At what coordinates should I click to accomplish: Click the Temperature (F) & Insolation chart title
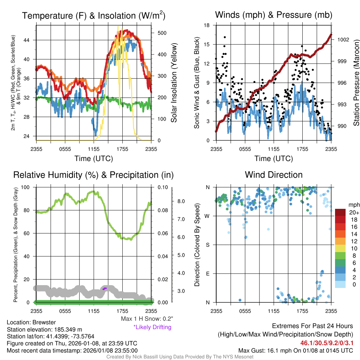click(x=94, y=15)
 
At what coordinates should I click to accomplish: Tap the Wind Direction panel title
click(x=274, y=175)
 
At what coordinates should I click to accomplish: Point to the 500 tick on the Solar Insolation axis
click(x=162, y=33)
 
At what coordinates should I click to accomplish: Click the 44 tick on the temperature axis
click(x=31, y=40)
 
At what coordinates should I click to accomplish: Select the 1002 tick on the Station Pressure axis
click(x=342, y=39)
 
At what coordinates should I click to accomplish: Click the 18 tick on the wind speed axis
click(x=207, y=25)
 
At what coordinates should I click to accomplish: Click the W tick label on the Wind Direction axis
click(x=208, y=216)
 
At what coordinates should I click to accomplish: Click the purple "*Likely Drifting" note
click(x=152, y=327)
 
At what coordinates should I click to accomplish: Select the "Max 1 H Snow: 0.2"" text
click(x=147, y=319)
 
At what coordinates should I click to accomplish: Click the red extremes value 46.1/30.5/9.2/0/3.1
click(x=326, y=343)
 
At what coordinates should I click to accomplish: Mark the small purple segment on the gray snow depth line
click(x=104, y=288)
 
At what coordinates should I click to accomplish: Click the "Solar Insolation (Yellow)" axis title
click(x=174, y=83)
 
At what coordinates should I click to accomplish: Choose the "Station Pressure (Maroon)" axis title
click(x=356, y=83)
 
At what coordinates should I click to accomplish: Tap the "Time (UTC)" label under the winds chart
click(x=274, y=159)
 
